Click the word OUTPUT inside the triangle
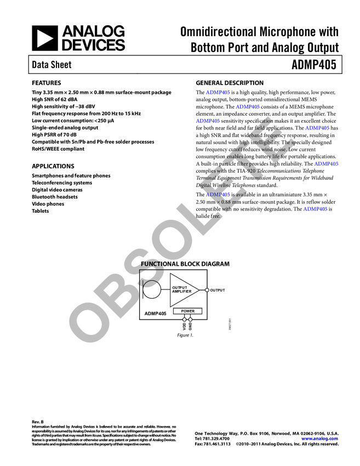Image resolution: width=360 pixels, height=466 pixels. [179, 288]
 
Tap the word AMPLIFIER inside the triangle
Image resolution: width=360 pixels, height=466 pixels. [181, 292]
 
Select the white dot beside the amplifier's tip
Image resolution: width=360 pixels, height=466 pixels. [207, 290]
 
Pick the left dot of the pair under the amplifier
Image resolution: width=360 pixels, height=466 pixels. [185, 320]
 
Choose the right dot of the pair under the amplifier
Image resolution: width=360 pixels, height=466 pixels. [190, 320]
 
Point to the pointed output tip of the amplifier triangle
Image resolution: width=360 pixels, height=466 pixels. [198, 290]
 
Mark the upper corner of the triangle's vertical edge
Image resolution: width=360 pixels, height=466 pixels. [171, 274]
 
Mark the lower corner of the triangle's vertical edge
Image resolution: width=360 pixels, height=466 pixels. [171, 306]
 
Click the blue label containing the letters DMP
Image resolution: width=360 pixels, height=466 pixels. [218, 195]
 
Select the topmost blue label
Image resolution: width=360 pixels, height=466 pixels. [218, 92]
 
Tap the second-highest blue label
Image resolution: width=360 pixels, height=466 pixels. [248, 106]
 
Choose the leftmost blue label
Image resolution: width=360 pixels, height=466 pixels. [208, 121]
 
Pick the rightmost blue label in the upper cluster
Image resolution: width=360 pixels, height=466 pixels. [327, 164]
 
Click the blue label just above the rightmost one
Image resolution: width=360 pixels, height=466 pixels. [318, 128]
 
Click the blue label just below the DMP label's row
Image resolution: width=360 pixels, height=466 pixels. [315, 209]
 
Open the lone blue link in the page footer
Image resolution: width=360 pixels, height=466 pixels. [319, 439]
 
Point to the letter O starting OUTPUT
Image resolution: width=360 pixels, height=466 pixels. [174, 288]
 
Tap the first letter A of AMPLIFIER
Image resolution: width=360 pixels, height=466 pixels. [174, 292]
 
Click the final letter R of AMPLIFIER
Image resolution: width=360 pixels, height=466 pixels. [190, 292]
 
